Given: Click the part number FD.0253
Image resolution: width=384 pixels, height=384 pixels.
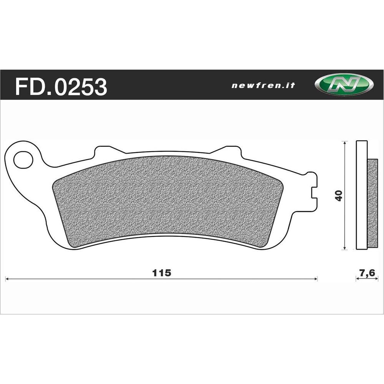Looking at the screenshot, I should (x=61, y=87).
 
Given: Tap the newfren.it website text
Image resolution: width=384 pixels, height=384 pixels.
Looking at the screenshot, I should (x=263, y=86).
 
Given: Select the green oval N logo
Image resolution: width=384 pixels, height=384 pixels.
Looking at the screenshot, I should (x=343, y=85).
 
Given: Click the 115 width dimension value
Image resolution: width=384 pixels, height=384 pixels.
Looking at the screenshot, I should (x=161, y=273).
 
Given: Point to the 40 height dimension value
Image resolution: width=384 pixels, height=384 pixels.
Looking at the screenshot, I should (x=338, y=195).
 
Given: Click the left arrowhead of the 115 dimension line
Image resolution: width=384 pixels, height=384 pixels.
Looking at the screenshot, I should (x=7, y=279).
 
